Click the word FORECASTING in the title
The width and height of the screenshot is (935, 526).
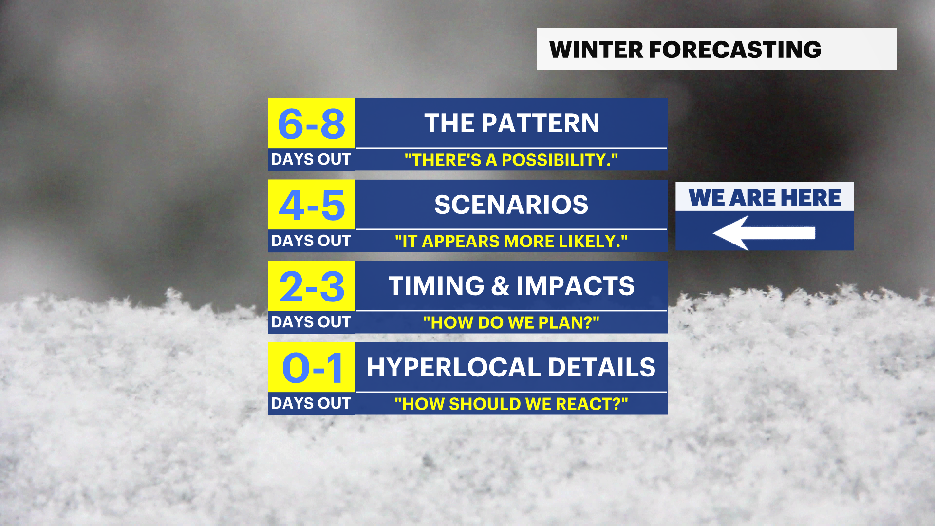(x=735, y=50)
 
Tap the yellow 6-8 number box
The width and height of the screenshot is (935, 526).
(x=312, y=123)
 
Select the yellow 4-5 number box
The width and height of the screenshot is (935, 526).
(x=312, y=205)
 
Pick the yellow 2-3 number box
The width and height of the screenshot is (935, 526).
(x=312, y=286)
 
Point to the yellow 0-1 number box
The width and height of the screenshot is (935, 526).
(x=312, y=367)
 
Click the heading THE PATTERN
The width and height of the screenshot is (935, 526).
(x=512, y=123)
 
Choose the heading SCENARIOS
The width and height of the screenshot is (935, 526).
(x=511, y=205)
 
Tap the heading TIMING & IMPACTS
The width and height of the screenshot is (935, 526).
(x=512, y=286)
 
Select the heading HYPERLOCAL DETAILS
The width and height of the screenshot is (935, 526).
(x=511, y=367)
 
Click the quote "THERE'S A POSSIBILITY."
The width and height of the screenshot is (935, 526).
(x=511, y=160)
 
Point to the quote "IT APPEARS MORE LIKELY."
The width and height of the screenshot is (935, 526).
(x=511, y=241)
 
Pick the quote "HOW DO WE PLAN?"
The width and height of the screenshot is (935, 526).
(x=511, y=322)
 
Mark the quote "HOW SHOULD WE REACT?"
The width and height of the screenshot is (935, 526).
(x=511, y=404)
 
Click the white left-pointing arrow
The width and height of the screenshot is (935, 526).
(x=764, y=233)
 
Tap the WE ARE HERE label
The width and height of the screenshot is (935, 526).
(x=765, y=198)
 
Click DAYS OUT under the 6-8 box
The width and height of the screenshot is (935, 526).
(x=311, y=159)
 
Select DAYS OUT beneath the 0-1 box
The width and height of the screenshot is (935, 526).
(x=311, y=403)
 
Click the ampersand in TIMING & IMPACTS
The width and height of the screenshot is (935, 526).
(x=500, y=286)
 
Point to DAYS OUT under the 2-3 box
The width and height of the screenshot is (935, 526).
(x=311, y=322)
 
